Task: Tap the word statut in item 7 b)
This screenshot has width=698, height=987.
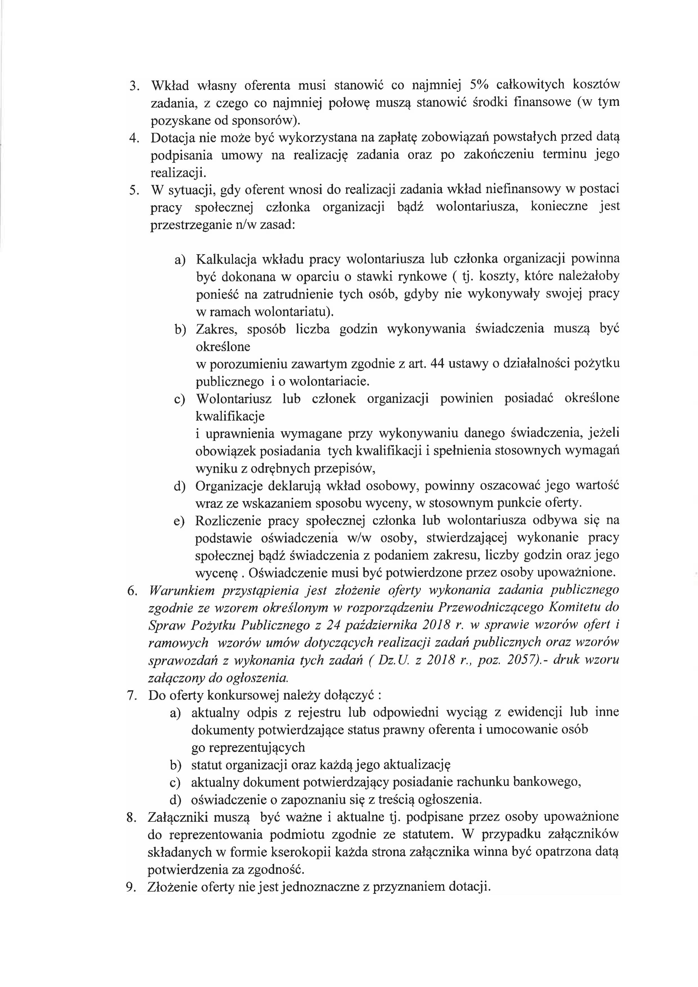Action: pos(207,765)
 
